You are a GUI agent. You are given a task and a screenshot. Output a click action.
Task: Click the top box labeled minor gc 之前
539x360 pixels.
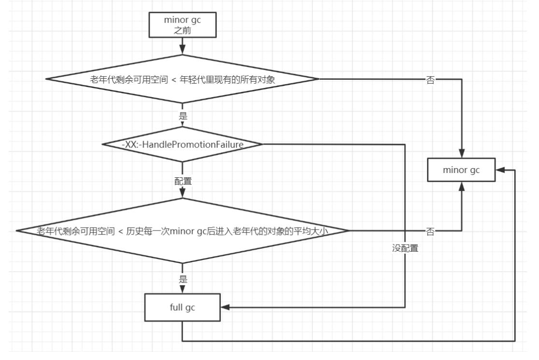[183, 25]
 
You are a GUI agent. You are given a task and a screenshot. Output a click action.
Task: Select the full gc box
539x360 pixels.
[183, 307]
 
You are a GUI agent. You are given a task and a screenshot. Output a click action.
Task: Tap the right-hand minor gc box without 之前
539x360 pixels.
[461, 170]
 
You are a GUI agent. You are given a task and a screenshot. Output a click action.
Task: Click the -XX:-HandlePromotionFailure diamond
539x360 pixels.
[183, 144]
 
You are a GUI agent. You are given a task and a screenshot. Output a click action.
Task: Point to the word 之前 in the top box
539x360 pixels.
[183, 30]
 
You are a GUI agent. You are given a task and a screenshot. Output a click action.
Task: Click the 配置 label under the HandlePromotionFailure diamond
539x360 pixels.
[183, 181]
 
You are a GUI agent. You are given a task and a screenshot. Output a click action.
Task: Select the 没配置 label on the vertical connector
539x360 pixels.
[405, 248]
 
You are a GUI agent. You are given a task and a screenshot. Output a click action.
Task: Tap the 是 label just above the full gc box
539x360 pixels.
[183, 279]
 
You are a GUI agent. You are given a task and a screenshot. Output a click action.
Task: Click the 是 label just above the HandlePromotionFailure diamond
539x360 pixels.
[183, 115]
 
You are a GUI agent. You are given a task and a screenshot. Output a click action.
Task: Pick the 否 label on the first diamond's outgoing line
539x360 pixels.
[430, 80]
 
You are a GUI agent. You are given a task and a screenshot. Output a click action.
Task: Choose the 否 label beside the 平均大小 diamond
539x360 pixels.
[430, 231]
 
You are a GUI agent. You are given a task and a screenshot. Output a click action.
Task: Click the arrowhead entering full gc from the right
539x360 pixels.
[225, 307]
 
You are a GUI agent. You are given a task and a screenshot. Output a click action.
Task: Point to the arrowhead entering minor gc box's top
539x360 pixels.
[462, 153]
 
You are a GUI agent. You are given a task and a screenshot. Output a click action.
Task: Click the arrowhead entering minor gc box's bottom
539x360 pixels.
[462, 187]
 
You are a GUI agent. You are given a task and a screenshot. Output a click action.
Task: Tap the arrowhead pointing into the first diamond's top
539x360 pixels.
[183, 50]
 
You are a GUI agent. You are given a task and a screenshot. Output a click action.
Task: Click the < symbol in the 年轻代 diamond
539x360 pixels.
[173, 80]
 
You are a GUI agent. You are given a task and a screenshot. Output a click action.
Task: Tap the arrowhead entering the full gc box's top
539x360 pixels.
[183, 289]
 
